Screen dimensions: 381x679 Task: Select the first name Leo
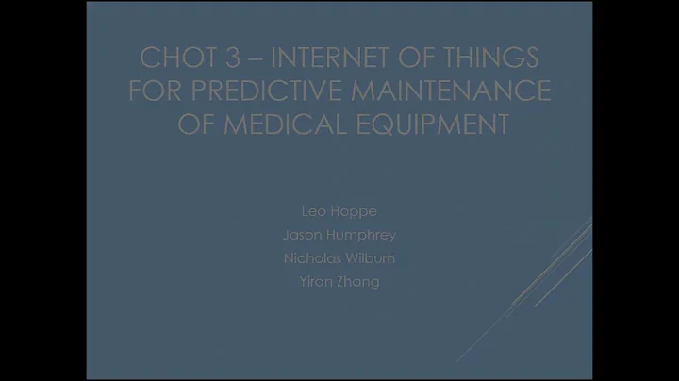(x=315, y=210)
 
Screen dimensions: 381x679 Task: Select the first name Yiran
(x=316, y=281)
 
